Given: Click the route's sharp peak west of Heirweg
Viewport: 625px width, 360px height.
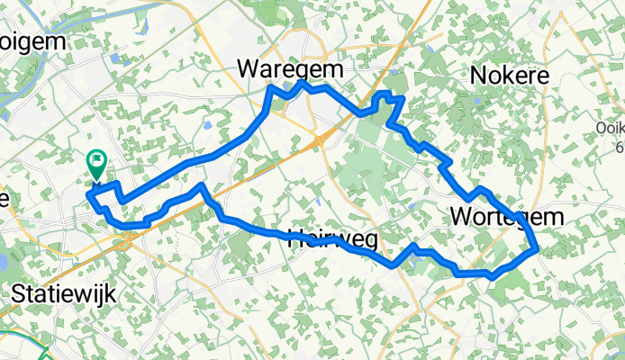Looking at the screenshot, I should point(202,186).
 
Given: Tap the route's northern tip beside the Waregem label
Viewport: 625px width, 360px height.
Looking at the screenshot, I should point(303,83).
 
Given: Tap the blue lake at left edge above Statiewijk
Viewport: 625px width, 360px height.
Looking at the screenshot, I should point(3,262).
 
